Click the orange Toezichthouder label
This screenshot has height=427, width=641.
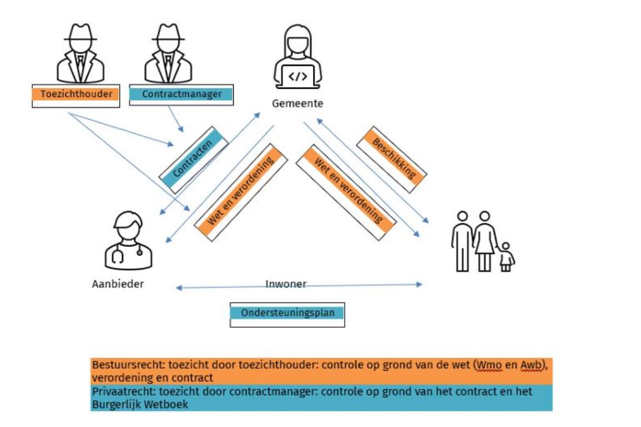point(76,94)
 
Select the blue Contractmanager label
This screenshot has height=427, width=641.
point(181,94)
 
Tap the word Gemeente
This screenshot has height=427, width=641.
point(297,104)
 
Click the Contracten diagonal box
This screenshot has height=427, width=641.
point(194,159)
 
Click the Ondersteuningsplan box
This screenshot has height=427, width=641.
point(287,313)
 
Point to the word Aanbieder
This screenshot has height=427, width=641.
point(118,284)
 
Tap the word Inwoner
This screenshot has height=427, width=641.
point(285,284)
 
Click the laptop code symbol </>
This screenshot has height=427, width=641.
point(297,77)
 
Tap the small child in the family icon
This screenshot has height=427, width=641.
point(505,257)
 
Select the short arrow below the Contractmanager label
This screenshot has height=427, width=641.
point(175,119)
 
